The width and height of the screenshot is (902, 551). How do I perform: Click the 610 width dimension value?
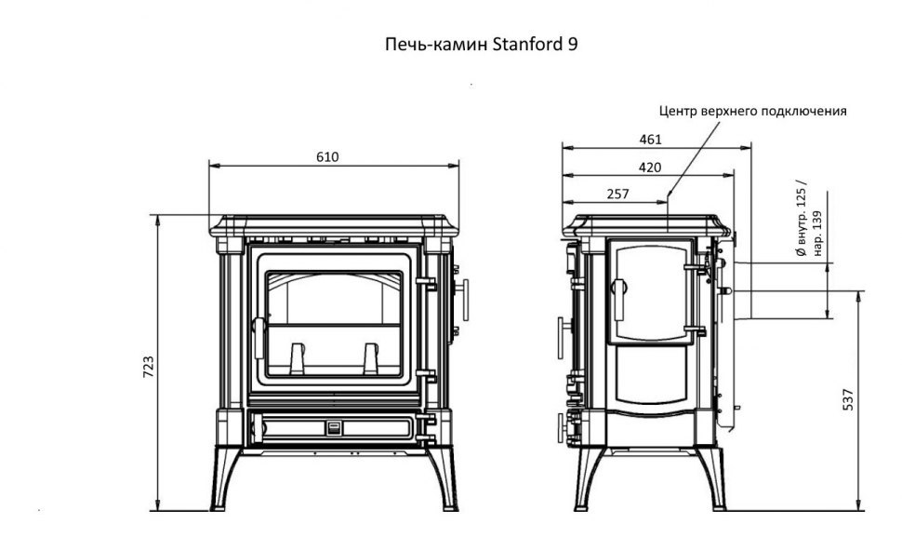(x=327, y=156)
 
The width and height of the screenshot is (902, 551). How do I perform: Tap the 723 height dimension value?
(x=148, y=366)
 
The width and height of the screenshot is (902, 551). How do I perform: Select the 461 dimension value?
(x=650, y=140)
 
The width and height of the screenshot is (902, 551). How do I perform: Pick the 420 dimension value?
(x=650, y=168)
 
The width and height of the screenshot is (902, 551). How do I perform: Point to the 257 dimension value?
(x=617, y=194)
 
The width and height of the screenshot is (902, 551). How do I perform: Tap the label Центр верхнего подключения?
(x=751, y=111)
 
